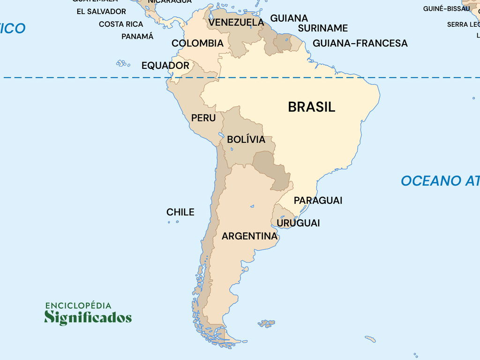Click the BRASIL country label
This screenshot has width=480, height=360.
tap(311, 107)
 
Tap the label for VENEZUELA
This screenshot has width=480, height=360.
tap(236, 22)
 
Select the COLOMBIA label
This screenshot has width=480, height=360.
tap(197, 43)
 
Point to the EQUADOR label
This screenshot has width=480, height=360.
tap(165, 66)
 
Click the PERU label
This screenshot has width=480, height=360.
tap(203, 118)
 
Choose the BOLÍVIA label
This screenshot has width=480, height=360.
tap(246, 139)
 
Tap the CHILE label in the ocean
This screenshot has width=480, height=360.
tap(180, 212)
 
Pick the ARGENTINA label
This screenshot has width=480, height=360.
tap(249, 236)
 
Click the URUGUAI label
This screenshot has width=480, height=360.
tap(298, 223)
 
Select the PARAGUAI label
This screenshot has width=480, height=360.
tap(318, 200)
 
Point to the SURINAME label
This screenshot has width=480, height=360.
tap(323, 28)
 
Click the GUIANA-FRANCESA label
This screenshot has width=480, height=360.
tap(360, 43)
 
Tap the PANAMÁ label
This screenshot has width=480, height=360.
tap(137, 36)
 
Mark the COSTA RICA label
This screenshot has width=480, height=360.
tap(121, 24)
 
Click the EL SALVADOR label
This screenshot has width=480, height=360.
tap(101, 11)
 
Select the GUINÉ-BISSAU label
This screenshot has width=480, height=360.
tap(446, 8)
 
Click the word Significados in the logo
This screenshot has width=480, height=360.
tap(88, 317)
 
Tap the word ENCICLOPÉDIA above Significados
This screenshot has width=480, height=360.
tap(78, 306)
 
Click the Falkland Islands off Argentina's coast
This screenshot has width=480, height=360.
tap(267, 323)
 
